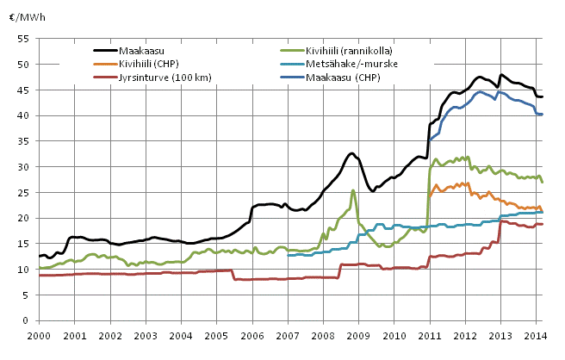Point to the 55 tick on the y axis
(24, 39)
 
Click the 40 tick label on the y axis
(24, 115)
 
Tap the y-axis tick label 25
(24, 192)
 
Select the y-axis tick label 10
(24, 270)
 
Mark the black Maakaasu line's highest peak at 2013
(501, 75)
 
